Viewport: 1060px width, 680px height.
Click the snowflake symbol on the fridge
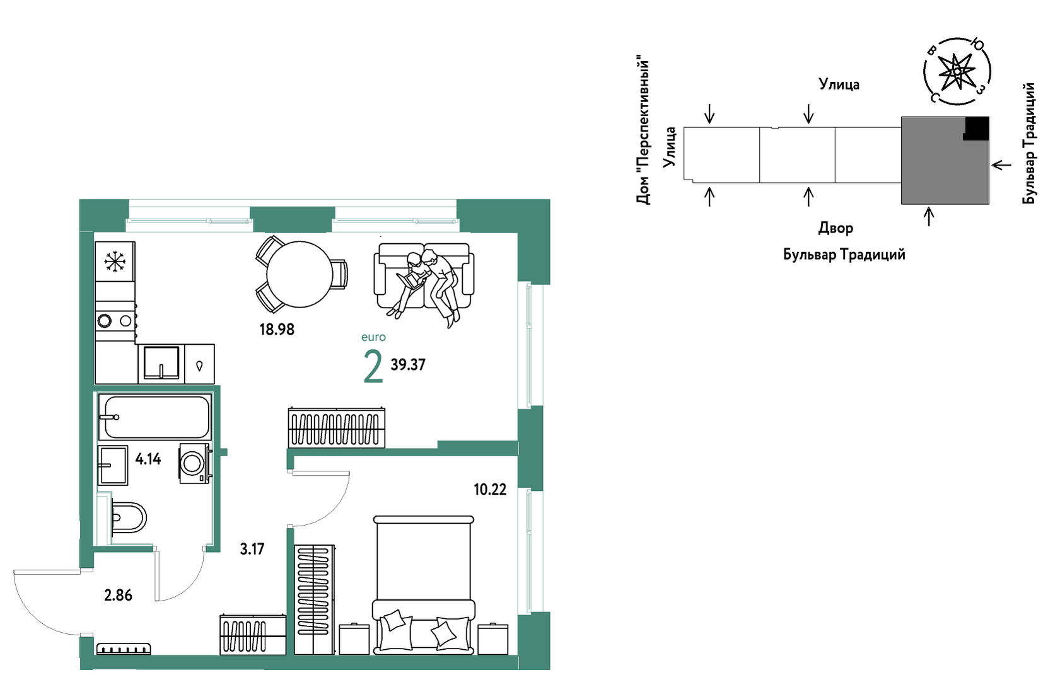tap(115, 262)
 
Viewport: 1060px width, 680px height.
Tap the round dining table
tap(299, 274)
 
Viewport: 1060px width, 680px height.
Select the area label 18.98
tap(277, 329)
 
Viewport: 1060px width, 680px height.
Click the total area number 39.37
tap(408, 365)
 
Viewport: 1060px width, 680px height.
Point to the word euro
tap(373, 337)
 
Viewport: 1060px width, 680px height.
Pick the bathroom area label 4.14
tap(148, 459)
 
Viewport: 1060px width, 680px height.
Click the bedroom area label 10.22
tap(490, 490)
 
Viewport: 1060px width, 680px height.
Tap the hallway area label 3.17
tap(252, 549)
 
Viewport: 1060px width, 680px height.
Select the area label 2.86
tap(118, 595)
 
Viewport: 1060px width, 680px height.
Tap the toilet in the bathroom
tap(128, 518)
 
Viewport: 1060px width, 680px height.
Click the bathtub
tap(154, 417)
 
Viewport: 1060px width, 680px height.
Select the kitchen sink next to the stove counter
tap(161, 363)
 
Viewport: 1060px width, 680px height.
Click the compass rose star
tap(957, 71)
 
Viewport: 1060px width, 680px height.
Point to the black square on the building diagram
tap(976, 128)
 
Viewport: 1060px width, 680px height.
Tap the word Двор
tap(836, 228)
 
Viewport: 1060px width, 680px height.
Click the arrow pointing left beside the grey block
tap(1001, 165)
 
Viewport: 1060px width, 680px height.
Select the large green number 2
tap(373, 367)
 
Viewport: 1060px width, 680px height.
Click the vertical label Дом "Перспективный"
tap(643, 132)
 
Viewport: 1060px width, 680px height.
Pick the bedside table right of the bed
tap(492, 639)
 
